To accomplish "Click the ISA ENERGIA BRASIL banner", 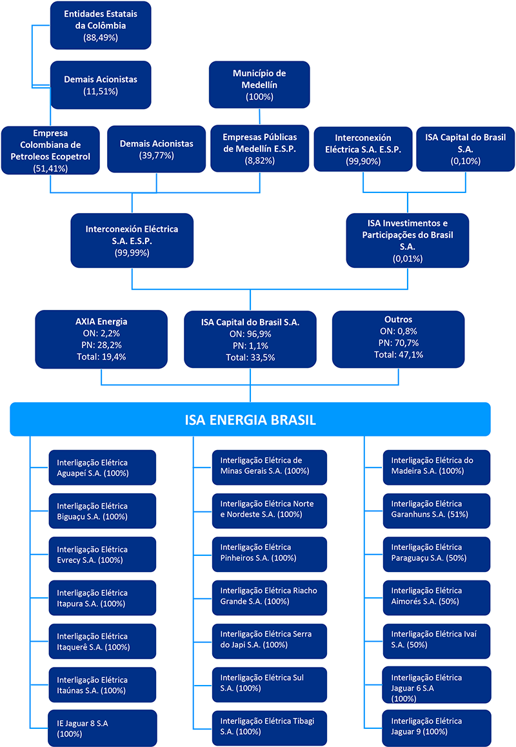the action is [x=250, y=419].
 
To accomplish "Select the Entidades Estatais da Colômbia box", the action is [x=101, y=25].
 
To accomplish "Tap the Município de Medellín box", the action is [x=259, y=85].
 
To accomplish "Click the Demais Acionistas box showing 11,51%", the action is [x=101, y=85].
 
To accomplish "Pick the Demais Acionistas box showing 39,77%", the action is [x=157, y=149].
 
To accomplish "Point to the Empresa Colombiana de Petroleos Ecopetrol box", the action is [x=50, y=150].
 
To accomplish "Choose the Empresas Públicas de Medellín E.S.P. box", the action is [x=260, y=148].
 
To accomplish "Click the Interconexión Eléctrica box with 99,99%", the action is [x=132, y=241].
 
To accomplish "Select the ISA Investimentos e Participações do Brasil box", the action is [x=408, y=241].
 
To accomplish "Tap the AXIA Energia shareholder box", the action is [x=101, y=339].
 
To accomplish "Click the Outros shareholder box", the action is [x=399, y=339].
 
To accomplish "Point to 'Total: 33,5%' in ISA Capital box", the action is [x=250, y=357].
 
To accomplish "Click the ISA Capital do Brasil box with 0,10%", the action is [x=466, y=149].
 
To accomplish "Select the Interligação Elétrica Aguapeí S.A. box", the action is [x=103, y=467].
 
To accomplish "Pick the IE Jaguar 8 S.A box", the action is [x=103, y=728].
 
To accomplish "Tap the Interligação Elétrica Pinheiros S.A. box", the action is [x=270, y=555].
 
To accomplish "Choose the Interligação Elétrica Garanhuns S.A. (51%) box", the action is [x=437, y=511].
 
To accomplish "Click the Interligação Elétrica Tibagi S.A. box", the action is [x=270, y=728].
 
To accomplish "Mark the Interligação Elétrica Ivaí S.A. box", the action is [x=437, y=641].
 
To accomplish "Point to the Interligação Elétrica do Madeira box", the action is [x=437, y=467].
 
